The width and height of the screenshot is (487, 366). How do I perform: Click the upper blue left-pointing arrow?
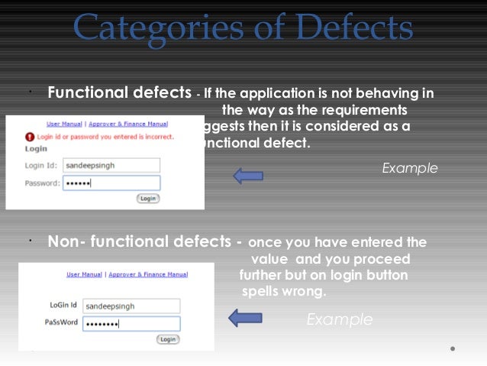pyautogui.click(x=247, y=176)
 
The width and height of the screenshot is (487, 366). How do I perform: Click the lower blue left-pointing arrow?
pyautogui.click(x=245, y=318)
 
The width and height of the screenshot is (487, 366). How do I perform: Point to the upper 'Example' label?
pyautogui.click(x=410, y=168)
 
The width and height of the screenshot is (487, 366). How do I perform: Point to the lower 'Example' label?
pyautogui.click(x=340, y=319)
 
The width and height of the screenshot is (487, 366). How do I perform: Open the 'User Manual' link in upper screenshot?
pyautogui.click(x=65, y=123)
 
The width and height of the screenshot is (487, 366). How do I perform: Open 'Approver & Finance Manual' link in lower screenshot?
pyautogui.click(x=148, y=274)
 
